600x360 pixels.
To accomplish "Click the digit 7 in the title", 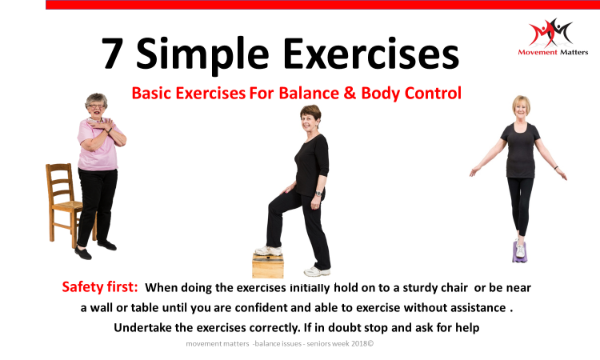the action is tap(113, 53).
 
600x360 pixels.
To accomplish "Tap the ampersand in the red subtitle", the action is tap(350, 94).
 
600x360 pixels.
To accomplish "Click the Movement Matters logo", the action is tap(553, 37).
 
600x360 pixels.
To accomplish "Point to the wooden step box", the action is tap(268, 265).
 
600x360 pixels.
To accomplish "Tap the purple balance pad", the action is tap(519, 254).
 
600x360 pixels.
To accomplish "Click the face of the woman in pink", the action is tap(96, 107).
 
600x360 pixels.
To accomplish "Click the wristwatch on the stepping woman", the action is tap(318, 194).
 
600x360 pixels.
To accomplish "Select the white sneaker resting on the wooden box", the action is tap(268, 250).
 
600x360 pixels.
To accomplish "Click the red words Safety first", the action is tap(99, 287).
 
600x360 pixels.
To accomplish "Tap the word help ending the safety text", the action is tap(467, 328).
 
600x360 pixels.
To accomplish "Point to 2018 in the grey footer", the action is tap(359, 343).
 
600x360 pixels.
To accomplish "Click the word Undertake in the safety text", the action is tap(142, 328).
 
